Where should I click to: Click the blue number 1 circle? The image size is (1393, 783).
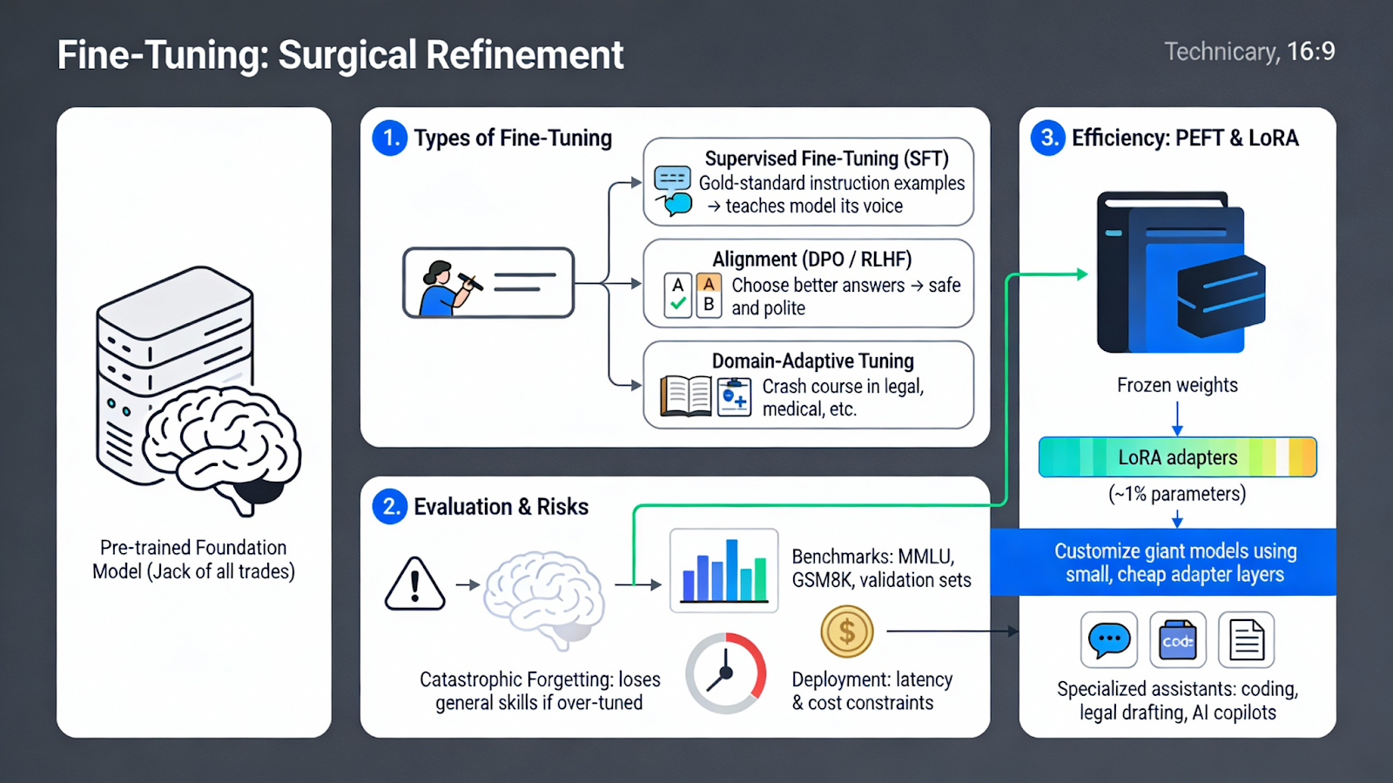coord(389,138)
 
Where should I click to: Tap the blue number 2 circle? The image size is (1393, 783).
coord(389,507)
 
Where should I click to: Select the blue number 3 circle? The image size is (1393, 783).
coord(1047,138)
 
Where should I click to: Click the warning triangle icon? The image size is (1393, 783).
coord(414,584)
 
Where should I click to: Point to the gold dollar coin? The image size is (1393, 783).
coord(846,631)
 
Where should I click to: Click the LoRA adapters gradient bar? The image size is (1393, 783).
coord(1177,457)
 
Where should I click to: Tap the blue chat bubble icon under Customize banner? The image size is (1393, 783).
coord(1108,640)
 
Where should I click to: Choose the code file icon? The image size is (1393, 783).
coord(1177,640)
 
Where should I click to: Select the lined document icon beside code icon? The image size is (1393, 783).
coord(1246,640)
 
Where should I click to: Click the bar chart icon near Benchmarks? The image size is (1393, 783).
coord(723,570)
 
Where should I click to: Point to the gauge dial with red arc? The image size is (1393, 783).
coord(725,673)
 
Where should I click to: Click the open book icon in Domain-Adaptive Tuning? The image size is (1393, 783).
coord(686,396)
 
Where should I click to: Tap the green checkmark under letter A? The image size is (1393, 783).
coord(678,304)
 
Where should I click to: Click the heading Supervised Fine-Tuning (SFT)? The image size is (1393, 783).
coord(826,159)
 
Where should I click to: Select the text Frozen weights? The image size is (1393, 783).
coord(1177,385)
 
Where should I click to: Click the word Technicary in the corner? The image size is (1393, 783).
coord(1221,52)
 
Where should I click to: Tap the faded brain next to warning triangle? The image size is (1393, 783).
coord(544,597)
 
